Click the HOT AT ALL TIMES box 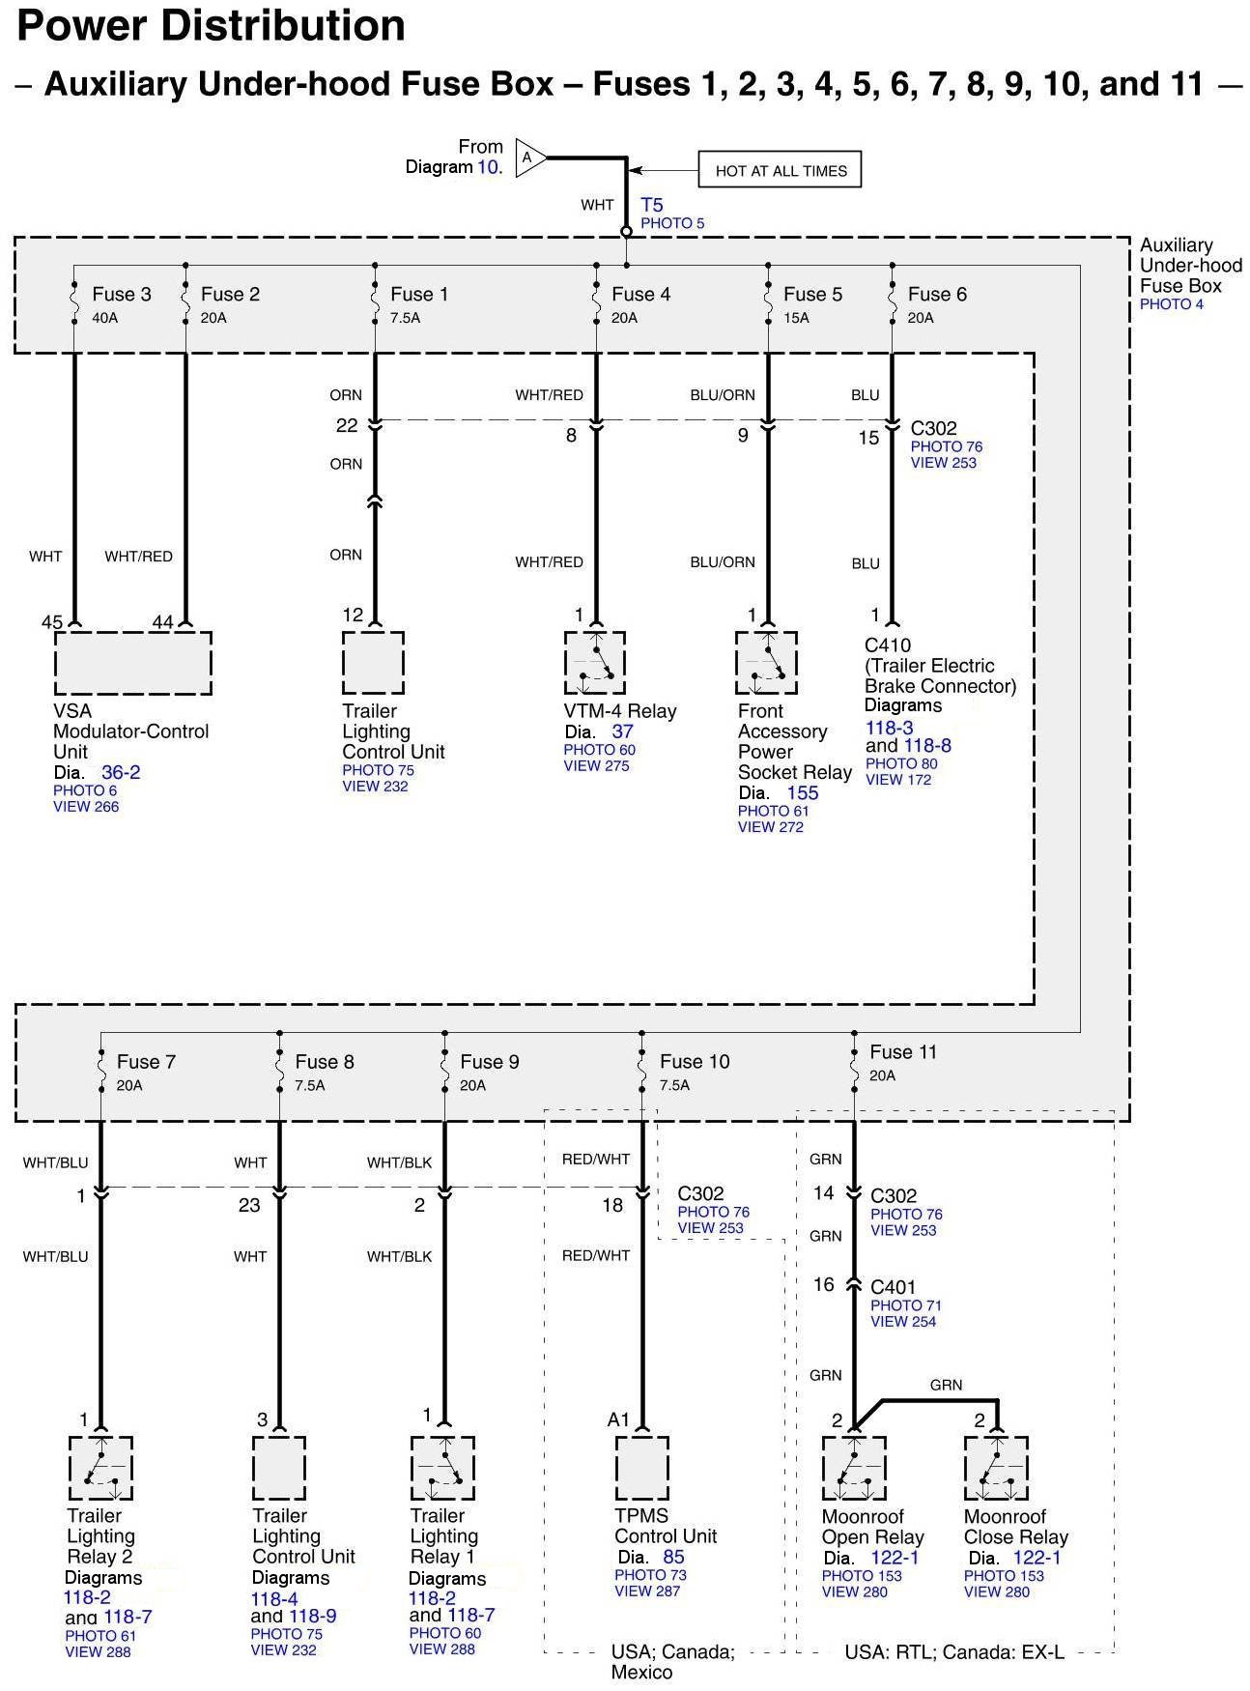(780, 170)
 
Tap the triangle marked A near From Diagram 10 (530, 158)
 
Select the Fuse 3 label (122, 294)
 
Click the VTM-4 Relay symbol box (595, 663)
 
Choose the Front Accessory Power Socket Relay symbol (767, 663)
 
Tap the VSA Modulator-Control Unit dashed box (133, 663)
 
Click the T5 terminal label (652, 205)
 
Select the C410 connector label (888, 645)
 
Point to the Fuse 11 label (903, 1051)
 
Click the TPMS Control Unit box (642, 1468)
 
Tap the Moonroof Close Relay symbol (996, 1469)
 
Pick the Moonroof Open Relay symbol (854, 1469)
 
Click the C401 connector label (894, 1287)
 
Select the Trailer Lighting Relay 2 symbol (100, 1468)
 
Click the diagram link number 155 (803, 793)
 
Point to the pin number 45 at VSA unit (52, 622)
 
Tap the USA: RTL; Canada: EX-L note (954, 1652)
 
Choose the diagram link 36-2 (121, 772)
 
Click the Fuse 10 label (695, 1061)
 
